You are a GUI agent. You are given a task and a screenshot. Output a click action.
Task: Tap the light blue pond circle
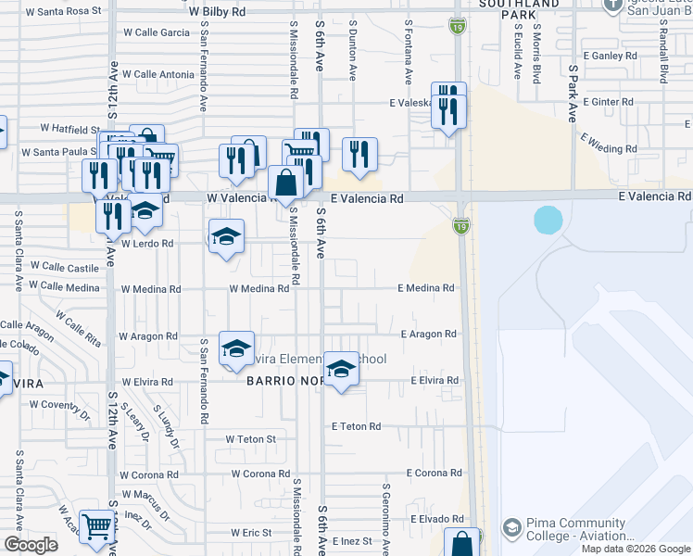point(548,220)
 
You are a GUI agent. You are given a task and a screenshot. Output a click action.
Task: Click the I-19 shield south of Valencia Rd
point(460,225)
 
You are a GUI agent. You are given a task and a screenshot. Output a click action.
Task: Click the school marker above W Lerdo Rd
point(225,236)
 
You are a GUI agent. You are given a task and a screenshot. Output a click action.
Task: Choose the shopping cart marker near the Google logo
point(96,526)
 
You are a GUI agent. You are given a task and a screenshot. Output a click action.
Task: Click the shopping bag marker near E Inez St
point(462,543)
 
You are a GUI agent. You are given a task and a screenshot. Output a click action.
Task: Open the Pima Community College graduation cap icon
point(511,528)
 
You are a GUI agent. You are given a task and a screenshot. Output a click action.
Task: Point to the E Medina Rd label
point(427,288)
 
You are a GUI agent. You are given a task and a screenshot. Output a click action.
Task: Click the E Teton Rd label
point(357,426)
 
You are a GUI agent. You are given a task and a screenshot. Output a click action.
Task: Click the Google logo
point(31,545)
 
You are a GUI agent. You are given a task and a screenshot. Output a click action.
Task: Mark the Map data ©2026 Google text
point(635,549)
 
